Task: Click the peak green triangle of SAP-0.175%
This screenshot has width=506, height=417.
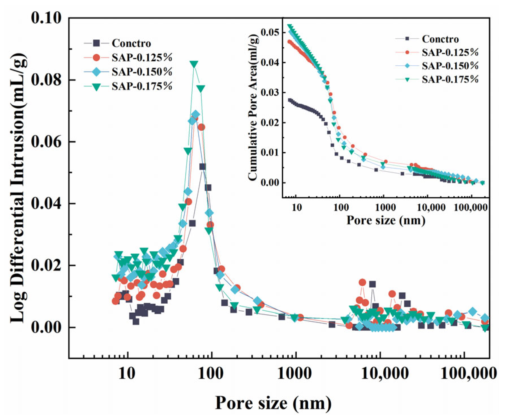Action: pos(194,65)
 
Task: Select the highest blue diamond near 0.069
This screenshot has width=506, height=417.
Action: pos(195,114)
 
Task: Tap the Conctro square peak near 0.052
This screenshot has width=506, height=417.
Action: pos(202,167)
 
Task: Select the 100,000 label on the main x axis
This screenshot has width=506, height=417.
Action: pos(468,373)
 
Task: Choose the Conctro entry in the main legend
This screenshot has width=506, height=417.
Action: pos(131,43)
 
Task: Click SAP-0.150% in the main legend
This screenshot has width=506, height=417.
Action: pos(142,72)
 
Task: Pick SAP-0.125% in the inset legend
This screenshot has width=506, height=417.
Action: pos(450,52)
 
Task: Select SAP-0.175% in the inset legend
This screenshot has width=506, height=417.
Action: pos(450,79)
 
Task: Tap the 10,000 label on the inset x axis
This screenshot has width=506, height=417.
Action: pos(431,207)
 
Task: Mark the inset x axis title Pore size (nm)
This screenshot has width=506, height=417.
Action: pos(386,220)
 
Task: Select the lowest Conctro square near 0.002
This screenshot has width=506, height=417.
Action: pos(136,322)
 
